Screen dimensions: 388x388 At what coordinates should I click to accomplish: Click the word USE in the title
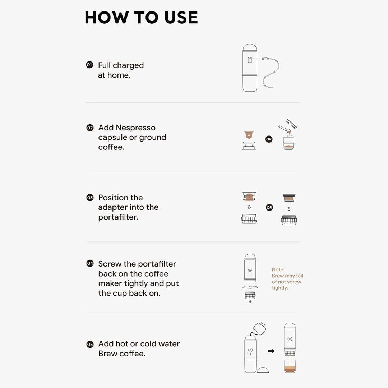click(x=181, y=18)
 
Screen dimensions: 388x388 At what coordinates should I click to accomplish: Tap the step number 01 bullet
click(x=89, y=65)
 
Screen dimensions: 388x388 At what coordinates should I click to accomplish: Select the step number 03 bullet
click(x=90, y=198)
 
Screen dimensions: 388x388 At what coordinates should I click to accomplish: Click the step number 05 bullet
click(x=90, y=344)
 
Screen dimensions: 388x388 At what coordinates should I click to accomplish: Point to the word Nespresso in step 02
click(x=135, y=128)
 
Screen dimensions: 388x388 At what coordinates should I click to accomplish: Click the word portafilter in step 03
click(x=118, y=217)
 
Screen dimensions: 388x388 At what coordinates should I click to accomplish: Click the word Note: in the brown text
click(x=278, y=269)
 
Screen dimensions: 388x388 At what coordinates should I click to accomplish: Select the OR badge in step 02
click(x=269, y=139)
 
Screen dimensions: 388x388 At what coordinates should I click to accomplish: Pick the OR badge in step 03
click(x=269, y=207)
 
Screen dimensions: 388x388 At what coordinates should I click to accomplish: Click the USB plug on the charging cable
click(x=265, y=59)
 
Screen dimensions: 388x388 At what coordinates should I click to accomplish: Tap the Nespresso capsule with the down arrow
click(x=249, y=135)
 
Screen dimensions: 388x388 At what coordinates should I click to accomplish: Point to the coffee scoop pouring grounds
click(x=285, y=130)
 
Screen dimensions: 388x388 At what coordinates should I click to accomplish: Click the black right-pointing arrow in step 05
click(x=271, y=351)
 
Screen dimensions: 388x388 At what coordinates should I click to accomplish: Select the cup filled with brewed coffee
click(x=290, y=366)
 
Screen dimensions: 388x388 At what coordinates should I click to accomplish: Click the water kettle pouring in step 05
click(x=259, y=328)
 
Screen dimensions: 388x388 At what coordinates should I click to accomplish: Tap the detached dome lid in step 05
click(x=263, y=370)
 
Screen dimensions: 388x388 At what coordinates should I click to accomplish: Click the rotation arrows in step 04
click(x=250, y=287)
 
